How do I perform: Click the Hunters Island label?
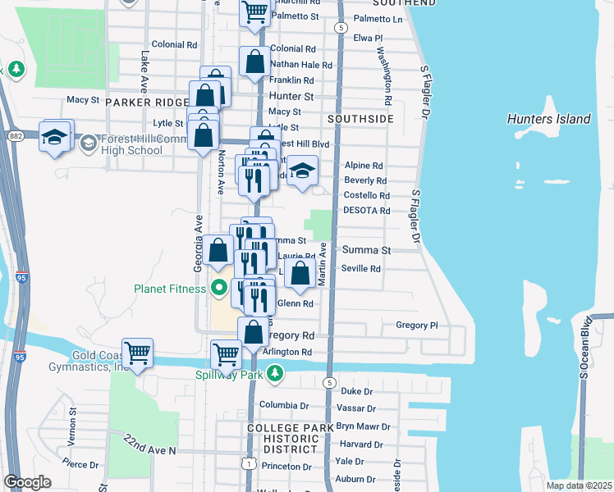[548, 119]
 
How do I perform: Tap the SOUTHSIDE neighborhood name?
[360, 119]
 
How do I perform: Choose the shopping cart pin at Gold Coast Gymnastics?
[138, 354]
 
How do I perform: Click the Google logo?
[27, 482]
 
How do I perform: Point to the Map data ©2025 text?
[578, 485]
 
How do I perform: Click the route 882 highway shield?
[16, 136]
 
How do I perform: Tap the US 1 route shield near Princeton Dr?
[247, 464]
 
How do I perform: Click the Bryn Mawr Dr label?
[366, 426]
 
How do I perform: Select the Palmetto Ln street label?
[378, 18]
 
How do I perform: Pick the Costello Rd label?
[366, 196]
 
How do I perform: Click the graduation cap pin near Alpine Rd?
[303, 171]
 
